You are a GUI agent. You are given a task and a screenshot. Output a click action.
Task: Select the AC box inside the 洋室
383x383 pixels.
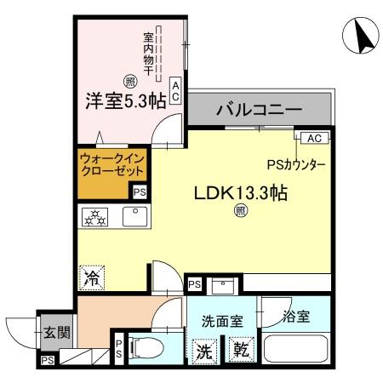coord(175,92)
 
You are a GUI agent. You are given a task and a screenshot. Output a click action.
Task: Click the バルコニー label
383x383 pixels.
coord(259,110)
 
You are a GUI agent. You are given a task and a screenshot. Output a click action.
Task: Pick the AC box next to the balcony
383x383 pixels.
coord(312,137)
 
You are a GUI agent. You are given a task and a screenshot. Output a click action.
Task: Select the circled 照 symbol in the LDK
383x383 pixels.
coord(240,212)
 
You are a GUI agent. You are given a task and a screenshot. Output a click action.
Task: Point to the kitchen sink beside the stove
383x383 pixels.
coord(134,216)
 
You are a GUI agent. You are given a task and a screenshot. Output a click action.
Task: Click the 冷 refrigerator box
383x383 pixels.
coord(92,276)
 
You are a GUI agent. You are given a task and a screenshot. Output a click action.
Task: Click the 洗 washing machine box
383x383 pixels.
coord(207,349)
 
